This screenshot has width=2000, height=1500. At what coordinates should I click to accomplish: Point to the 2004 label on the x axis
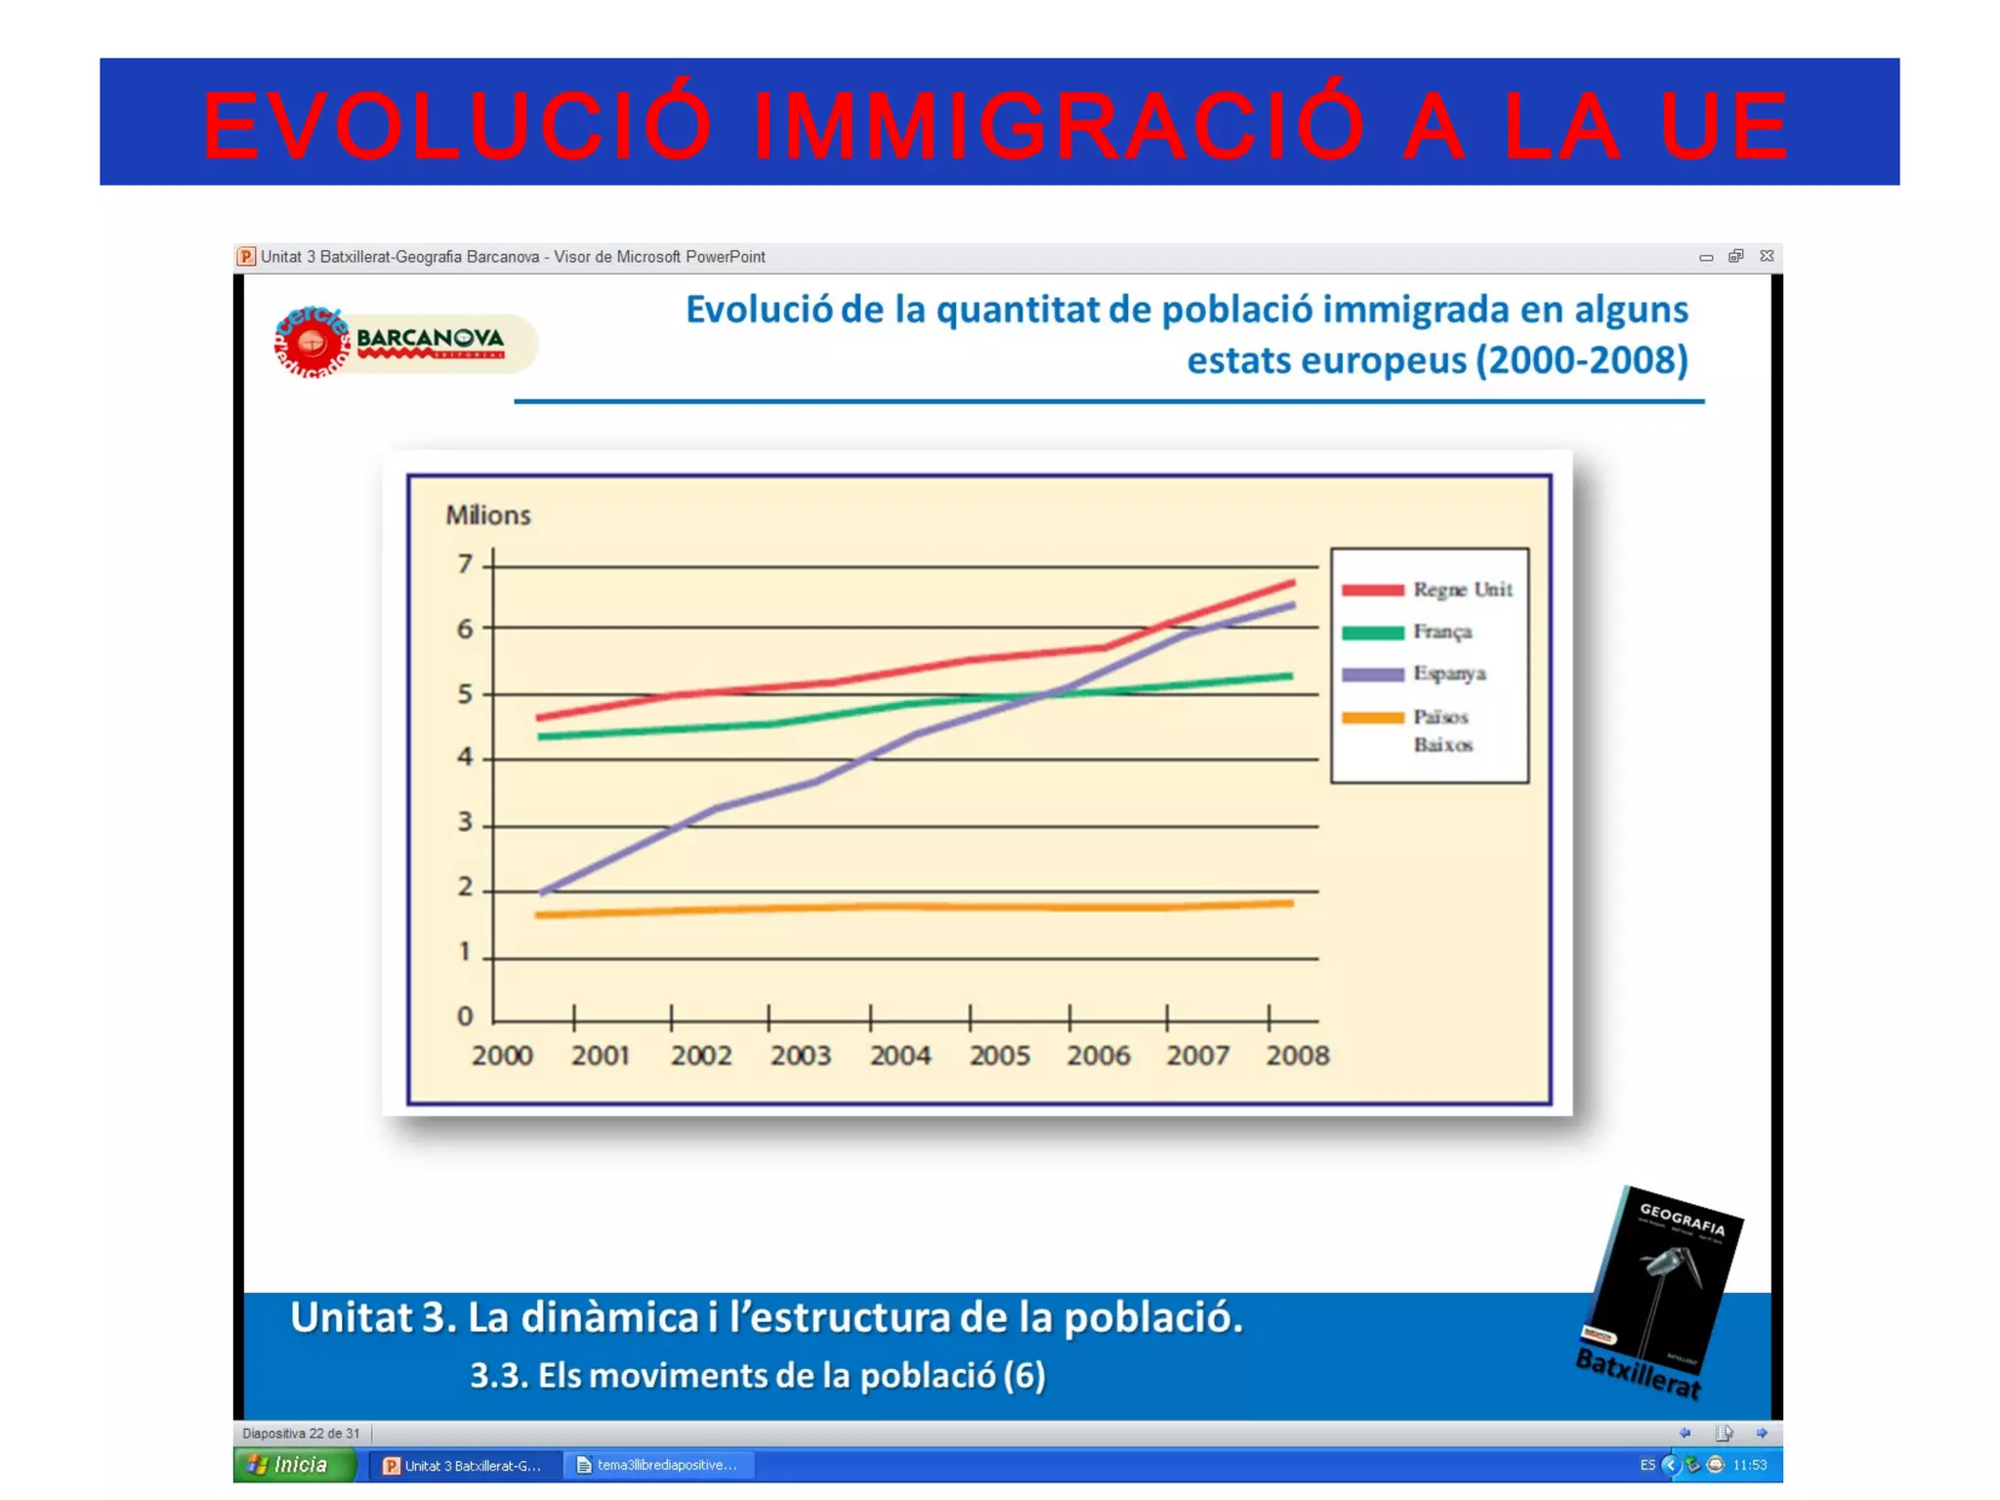coord(900,1056)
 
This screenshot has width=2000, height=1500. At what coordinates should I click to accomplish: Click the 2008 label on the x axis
coord(1297,1056)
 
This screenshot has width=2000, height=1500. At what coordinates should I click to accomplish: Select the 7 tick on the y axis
coord(465,564)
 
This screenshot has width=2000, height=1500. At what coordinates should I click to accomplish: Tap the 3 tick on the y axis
coord(465,822)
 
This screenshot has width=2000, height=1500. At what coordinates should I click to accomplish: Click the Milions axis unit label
coord(488,516)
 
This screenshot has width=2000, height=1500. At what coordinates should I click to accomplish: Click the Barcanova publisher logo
coord(402,342)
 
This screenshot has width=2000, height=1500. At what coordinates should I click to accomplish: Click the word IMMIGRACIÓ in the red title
coord(1059,125)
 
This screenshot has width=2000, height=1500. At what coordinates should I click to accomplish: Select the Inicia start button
coord(294,1465)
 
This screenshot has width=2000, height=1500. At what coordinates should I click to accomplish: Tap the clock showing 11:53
coord(1749,1465)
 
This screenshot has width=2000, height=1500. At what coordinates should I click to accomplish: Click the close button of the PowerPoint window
coord(1767,256)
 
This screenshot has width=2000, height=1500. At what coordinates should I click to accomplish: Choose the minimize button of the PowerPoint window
coord(1706,257)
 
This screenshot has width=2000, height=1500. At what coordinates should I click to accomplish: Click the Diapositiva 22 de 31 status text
coord(301,1434)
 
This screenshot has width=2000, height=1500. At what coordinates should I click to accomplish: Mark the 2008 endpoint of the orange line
coord(1292,903)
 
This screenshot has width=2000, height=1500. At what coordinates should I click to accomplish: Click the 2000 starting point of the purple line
coord(542,893)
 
